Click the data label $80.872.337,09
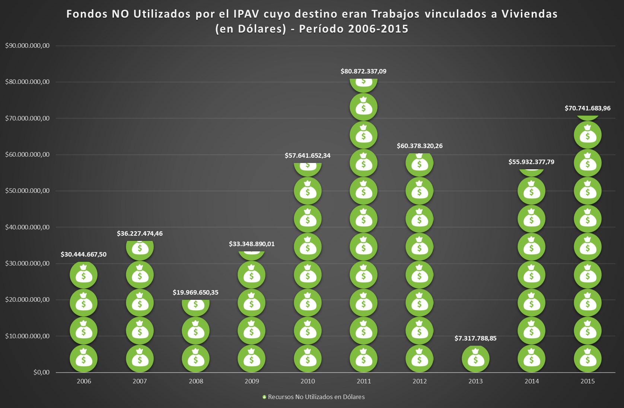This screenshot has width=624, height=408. pos(363,71)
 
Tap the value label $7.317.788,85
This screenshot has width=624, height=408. pos(475,338)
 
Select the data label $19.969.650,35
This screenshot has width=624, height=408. pos(195,292)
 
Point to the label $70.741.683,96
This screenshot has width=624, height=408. pos(588,108)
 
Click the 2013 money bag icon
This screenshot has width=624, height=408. pos(475,359)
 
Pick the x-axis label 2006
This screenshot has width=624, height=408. pos(84,381)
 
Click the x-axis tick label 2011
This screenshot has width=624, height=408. pos(364,381)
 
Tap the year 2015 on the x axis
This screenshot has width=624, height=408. pos(588,381)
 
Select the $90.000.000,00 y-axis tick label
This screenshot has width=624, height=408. pos(27,45)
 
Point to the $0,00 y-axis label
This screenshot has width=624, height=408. pos(41,372)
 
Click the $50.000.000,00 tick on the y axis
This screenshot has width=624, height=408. pos(27,191)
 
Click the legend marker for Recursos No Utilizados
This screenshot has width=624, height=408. pos(264,397)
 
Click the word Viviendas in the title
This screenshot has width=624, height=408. pos(529,14)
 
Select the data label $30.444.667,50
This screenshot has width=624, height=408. pos(83,254)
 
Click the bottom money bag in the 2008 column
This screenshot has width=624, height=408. pos(195,359)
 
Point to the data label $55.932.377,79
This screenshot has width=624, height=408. pos(531,162)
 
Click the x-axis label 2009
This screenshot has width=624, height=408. pos(252,381)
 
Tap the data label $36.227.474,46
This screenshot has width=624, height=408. pos(140,233)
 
